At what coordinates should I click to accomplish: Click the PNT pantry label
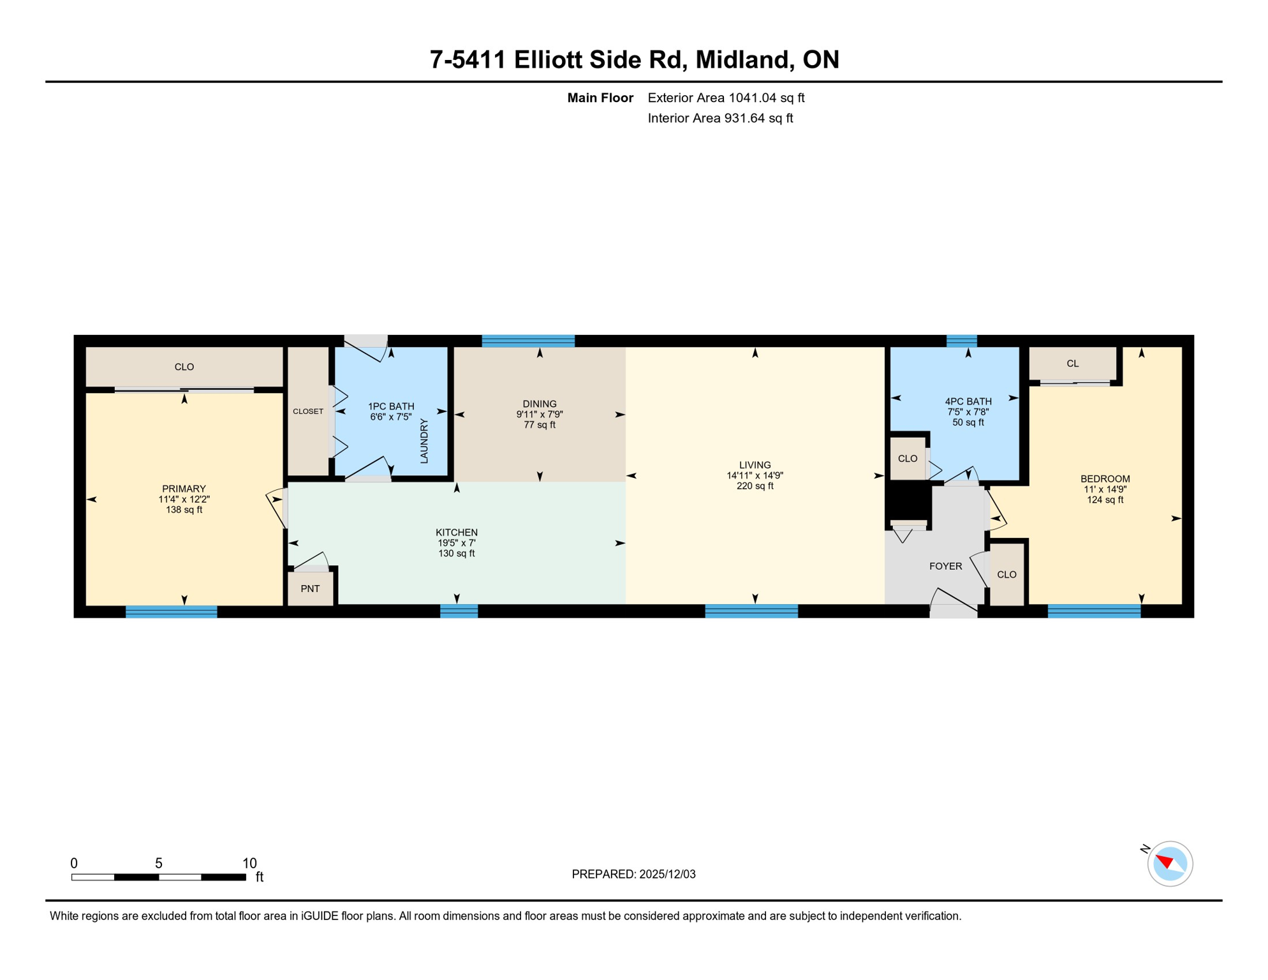[310, 588]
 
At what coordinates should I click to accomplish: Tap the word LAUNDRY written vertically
[424, 441]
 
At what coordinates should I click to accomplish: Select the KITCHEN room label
[456, 532]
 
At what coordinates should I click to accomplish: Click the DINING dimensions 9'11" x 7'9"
[540, 414]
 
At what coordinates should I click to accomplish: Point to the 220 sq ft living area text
[755, 486]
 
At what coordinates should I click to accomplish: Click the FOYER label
[945, 566]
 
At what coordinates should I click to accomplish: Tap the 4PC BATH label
[968, 401]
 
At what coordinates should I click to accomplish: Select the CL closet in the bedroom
[1072, 364]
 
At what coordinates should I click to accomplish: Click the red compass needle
[1165, 862]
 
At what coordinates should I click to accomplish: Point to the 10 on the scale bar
[249, 863]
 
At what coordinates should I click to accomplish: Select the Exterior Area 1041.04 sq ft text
[726, 98]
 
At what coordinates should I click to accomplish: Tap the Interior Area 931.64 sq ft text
[720, 118]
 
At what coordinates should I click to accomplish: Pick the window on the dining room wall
[528, 341]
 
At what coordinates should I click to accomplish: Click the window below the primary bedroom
[172, 612]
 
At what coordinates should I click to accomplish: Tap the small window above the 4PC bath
[961, 341]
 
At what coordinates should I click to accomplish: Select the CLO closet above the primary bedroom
[184, 367]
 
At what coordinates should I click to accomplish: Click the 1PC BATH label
[391, 406]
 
